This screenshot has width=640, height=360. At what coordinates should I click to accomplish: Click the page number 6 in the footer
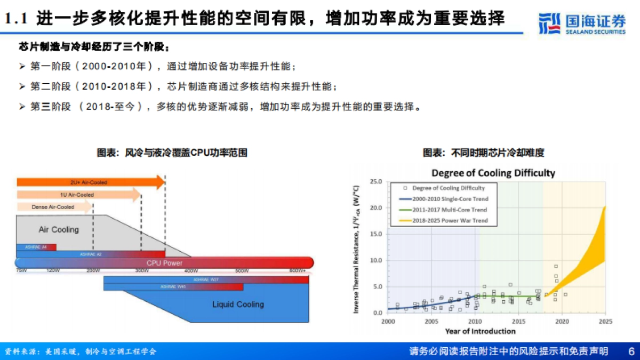631,351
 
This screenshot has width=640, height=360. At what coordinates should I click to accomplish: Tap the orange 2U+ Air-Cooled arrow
91,182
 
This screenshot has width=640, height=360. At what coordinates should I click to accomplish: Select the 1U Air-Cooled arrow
78,195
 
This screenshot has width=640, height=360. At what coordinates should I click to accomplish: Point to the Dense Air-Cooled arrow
54,207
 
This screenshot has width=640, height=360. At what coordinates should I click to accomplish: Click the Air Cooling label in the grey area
59,230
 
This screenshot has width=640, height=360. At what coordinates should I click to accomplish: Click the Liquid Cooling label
238,305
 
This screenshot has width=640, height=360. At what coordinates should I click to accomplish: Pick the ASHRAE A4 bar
36,247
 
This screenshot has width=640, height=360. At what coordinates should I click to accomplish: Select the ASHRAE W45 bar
173,287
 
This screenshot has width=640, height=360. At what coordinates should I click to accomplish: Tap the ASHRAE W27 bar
206,279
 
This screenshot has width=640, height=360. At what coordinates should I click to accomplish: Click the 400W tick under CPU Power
191,271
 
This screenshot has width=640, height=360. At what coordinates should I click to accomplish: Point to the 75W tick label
21,271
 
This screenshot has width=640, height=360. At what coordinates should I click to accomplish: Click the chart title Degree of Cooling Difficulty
493,173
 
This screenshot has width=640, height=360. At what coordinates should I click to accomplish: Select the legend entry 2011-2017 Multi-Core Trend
450,210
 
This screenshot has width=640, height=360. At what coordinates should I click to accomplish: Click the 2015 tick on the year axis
518,322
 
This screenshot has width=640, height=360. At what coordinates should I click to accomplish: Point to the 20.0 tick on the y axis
376,207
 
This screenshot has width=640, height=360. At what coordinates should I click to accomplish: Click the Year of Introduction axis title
480,331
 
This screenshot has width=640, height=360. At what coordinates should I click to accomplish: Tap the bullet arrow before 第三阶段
22,107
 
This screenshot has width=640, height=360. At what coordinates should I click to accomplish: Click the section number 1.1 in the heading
16,20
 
